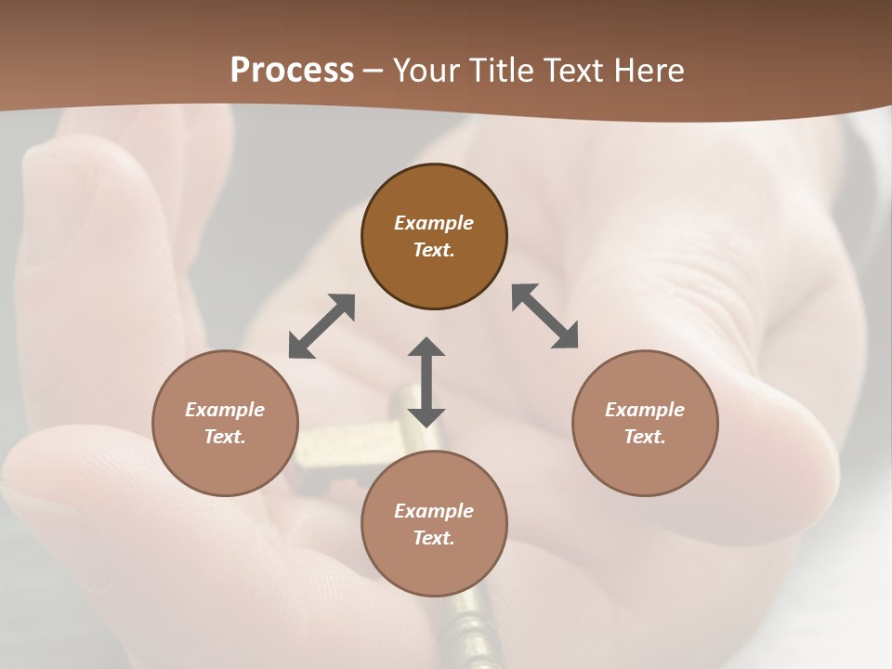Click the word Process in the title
(x=292, y=71)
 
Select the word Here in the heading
(x=648, y=71)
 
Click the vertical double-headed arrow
(x=426, y=382)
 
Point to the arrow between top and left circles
(x=321, y=326)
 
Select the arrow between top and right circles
(x=545, y=316)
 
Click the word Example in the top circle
(x=434, y=223)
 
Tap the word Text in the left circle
(x=225, y=437)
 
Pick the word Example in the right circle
(x=645, y=410)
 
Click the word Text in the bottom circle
(x=434, y=538)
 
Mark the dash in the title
(x=373, y=71)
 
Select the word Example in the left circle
(x=225, y=410)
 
